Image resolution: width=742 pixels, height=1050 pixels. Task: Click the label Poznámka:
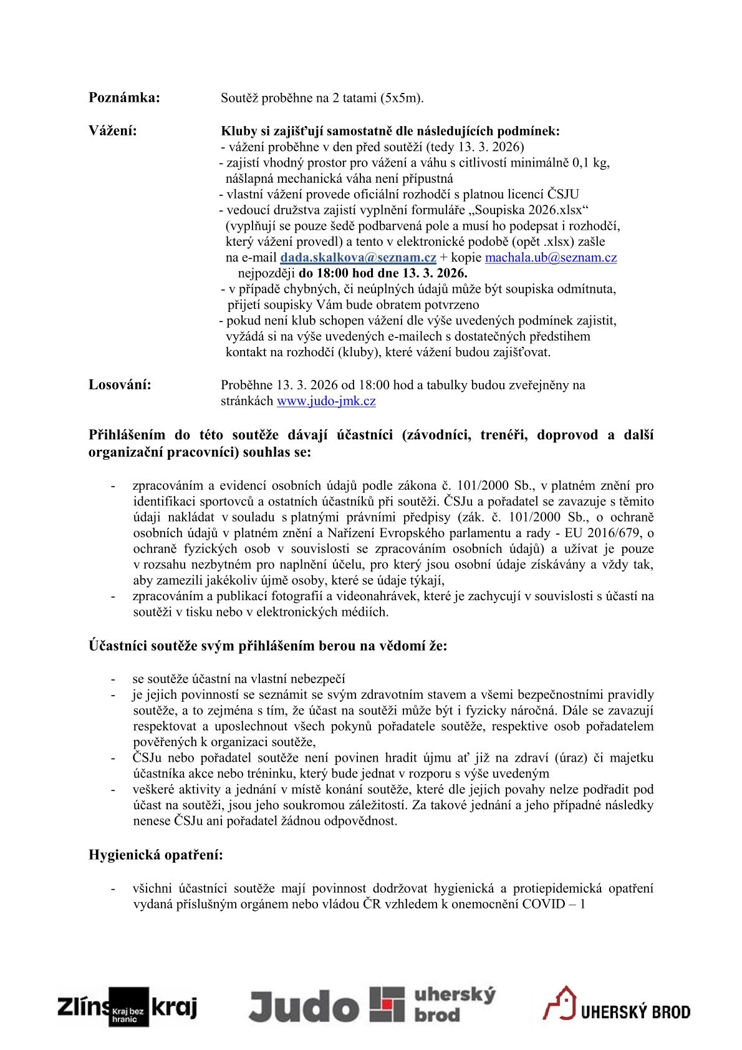(x=124, y=97)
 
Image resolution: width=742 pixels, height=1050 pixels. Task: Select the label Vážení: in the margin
(x=113, y=131)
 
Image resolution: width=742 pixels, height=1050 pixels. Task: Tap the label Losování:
(x=120, y=384)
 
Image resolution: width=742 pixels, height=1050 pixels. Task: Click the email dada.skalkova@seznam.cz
(x=358, y=258)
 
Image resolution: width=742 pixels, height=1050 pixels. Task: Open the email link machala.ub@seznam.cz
(x=551, y=258)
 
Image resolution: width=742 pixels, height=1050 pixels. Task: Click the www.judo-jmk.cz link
(x=326, y=401)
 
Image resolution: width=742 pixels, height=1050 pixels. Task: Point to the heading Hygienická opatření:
(x=155, y=855)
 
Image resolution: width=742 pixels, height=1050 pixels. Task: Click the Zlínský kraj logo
(x=127, y=1006)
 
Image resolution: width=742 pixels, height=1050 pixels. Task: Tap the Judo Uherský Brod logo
(x=372, y=1005)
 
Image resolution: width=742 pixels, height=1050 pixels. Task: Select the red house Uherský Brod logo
(x=616, y=1004)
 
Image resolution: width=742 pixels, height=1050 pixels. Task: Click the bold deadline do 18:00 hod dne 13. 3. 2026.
(x=383, y=273)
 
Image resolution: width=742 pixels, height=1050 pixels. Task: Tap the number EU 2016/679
(x=599, y=533)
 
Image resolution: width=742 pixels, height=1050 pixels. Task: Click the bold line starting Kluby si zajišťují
(x=390, y=132)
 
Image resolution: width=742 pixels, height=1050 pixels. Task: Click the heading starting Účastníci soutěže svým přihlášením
(x=267, y=646)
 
